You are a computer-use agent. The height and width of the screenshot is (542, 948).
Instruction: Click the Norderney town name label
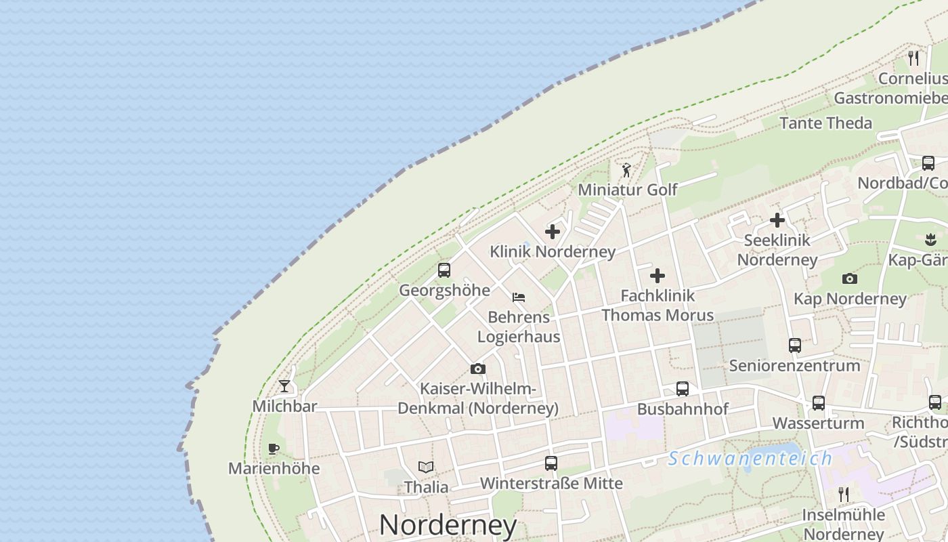pyautogui.click(x=448, y=525)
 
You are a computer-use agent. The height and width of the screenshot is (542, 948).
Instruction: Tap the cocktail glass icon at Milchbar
pyautogui.click(x=284, y=386)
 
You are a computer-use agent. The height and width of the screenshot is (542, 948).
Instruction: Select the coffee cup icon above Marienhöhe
pyautogui.click(x=274, y=449)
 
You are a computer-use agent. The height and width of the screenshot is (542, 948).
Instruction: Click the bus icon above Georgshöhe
pyautogui.click(x=444, y=270)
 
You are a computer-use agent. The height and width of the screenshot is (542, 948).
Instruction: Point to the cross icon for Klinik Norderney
pyautogui.click(x=553, y=232)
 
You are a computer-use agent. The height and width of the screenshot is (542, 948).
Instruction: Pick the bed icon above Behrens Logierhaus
pyautogui.click(x=519, y=297)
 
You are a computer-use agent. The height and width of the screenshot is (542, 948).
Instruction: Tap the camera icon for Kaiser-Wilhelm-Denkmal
pyautogui.click(x=478, y=369)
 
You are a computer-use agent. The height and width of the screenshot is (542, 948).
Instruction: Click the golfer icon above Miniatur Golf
pyautogui.click(x=626, y=169)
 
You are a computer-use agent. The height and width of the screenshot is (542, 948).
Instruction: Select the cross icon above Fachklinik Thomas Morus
pyautogui.click(x=658, y=276)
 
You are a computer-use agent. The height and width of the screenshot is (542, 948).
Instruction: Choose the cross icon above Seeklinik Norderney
pyautogui.click(x=777, y=220)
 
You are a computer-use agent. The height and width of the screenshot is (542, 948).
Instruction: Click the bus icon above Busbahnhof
pyautogui.click(x=683, y=389)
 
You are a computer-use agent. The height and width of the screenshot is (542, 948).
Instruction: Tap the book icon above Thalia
pyautogui.click(x=426, y=467)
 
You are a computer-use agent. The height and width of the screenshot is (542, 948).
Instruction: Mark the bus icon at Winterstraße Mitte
pyautogui.click(x=551, y=463)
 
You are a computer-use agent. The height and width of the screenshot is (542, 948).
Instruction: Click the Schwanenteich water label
pyautogui.click(x=750, y=459)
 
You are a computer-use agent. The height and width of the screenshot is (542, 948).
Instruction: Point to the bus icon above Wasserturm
pyautogui.click(x=819, y=403)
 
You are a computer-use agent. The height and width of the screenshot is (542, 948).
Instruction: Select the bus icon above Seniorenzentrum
pyautogui.click(x=795, y=346)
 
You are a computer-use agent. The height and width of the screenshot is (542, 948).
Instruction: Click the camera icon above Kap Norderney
pyautogui.click(x=850, y=278)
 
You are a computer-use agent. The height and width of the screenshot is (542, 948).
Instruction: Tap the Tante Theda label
pyautogui.click(x=825, y=123)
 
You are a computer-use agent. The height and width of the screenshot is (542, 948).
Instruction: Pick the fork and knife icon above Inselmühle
pyautogui.click(x=844, y=494)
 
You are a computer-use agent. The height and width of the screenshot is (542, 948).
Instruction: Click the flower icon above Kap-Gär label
pyautogui.click(x=930, y=239)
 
